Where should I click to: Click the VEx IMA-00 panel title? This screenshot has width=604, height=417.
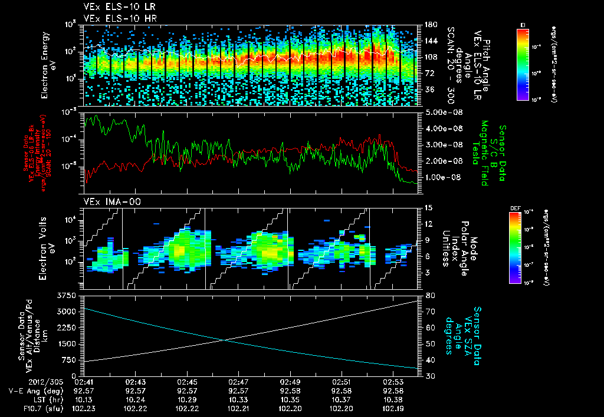pos(105,202)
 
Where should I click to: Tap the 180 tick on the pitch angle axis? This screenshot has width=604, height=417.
pos(429,25)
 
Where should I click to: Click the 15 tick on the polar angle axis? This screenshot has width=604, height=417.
pos(428,208)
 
